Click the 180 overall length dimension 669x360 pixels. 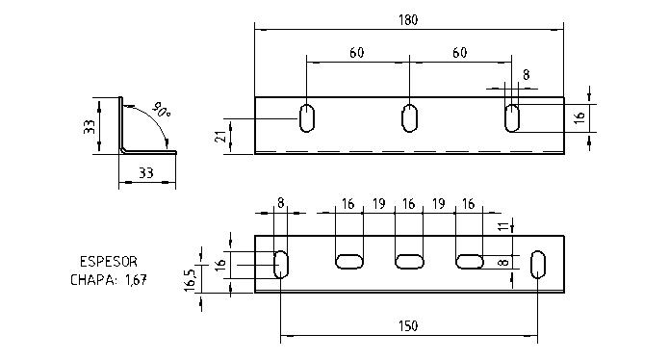point(408,19)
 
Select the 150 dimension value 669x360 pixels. point(409,326)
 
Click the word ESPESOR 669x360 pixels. point(107,261)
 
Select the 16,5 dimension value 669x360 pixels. point(191,280)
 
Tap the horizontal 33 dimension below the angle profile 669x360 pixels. point(148,174)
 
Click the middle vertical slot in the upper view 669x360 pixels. point(409,118)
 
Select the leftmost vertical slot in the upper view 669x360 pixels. point(307,118)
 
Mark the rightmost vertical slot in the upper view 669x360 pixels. point(513,118)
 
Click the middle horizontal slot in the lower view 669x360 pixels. point(409,261)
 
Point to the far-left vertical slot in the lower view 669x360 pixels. point(281,264)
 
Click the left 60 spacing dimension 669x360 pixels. point(356,53)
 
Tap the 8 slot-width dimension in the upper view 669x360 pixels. point(526,74)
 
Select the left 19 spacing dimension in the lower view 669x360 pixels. point(378,205)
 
